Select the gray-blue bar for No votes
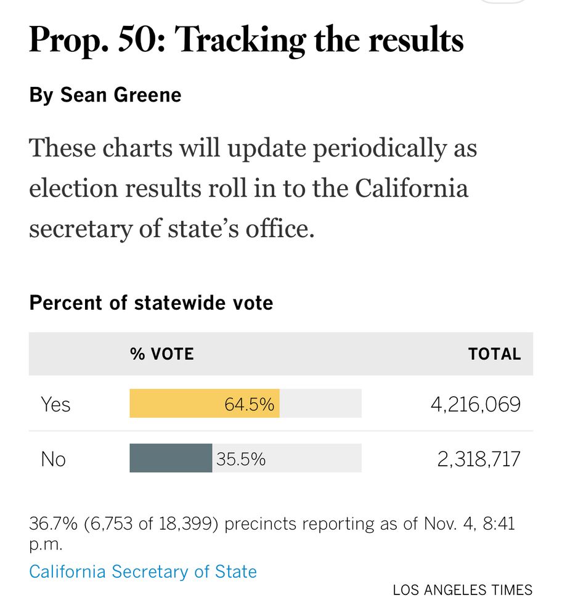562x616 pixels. [x=171, y=458]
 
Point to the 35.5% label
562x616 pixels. [x=241, y=459]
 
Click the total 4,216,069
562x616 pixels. [x=475, y=405]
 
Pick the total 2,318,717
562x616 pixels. [x=479, y=459]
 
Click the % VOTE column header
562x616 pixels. [x=161, y=354]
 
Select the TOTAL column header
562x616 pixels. [x=494, y=354]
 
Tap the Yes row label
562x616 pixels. [x=55, y=405]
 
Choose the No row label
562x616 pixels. [x=53, y=459]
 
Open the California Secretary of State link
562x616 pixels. [x=143, y=572]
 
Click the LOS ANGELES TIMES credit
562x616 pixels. [x=462, y=590]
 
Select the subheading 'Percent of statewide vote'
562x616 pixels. [x=151, y=303]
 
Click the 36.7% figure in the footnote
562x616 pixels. [x=53, y=524]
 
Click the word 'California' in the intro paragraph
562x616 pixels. [x=411, y=188]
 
